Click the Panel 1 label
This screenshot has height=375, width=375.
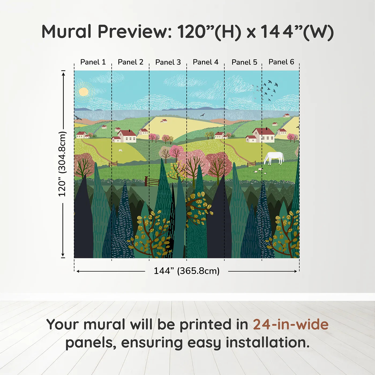click(93, 62)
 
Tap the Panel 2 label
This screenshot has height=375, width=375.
click(130, 62)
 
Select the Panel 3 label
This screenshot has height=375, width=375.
click(168, 62)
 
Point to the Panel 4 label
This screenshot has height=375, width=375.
click(205, 62)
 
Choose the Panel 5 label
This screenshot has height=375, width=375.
click(244, 62)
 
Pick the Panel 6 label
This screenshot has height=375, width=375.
click(281, 62)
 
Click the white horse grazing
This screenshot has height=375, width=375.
click(274, 158)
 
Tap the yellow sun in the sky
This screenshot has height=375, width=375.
click(84, 92)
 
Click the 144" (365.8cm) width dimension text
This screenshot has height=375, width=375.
click(186, 271)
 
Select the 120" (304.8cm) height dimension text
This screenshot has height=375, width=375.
click(62, 164)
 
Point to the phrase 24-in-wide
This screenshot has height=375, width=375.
click(291, 324)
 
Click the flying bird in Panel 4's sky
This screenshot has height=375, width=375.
click(202, 115)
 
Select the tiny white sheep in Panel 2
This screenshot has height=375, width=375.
click(121, 151)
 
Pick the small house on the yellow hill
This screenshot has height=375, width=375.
click(164, 121)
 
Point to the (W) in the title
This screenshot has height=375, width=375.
click(318, 32)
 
